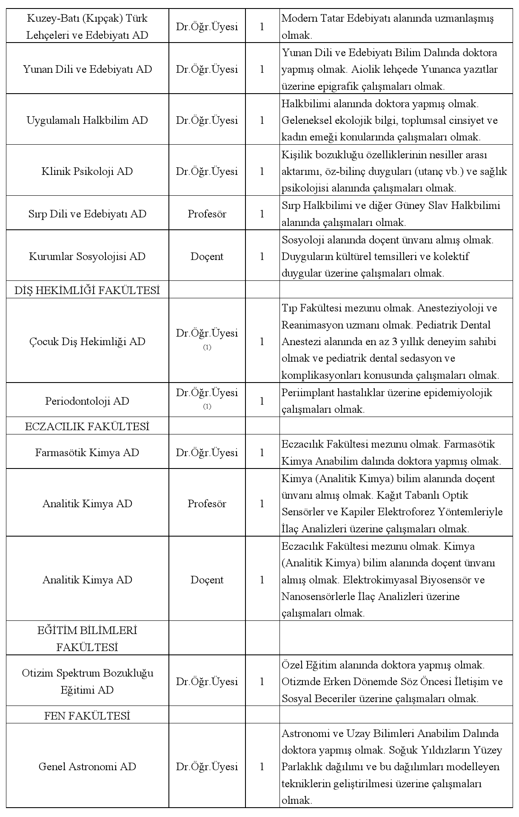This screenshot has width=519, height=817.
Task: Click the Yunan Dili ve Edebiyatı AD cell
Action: (87, 69)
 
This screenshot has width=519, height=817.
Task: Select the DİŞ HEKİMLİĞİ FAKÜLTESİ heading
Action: (87, 290)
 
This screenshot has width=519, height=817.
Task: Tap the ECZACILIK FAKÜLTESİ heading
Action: (87, 426)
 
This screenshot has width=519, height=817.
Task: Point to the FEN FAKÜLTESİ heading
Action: (87, 716)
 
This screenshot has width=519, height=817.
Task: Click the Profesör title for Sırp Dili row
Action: (207, 214)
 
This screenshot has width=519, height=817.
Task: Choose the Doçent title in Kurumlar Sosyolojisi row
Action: (207, 256)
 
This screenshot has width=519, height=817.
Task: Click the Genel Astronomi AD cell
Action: (87, 766)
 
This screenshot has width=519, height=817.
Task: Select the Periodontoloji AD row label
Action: (87, 401)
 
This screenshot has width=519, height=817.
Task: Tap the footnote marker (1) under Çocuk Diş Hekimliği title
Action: (207, 348)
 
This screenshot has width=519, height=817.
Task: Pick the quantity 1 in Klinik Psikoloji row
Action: (262, 171)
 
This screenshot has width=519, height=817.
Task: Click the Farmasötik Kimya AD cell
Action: (87, 452)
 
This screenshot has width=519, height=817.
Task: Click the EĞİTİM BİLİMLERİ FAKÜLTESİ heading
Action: (87, 639)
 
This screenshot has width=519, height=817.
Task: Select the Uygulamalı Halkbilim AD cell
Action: (87, 120)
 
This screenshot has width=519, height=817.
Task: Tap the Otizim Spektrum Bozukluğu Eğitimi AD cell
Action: (87, 681)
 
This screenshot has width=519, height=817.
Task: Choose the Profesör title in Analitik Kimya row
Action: (207, 503)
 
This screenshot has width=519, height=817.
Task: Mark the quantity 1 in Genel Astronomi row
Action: (262, 766)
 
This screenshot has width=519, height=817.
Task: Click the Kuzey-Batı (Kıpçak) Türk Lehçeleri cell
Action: (87, 26)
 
